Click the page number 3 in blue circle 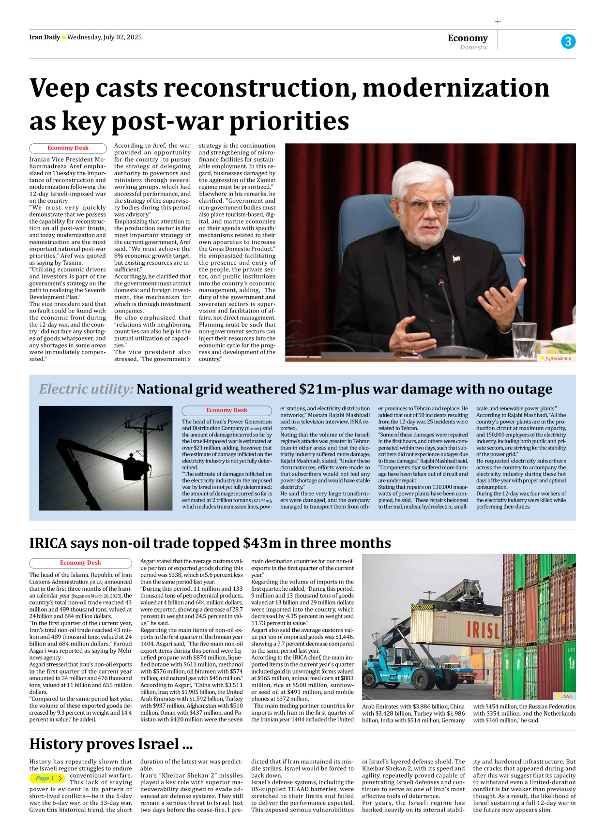[x=568, y=42]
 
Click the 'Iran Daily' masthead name [x=45, y=37]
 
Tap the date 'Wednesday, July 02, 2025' [x=105, y=37]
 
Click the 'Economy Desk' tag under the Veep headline [x=68, y=148]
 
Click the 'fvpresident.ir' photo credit [x=558, y=358]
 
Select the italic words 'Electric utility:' [x=86, y=389]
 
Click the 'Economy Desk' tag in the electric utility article [x=227, y=410]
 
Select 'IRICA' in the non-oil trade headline [x=48, y=543]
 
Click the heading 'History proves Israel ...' [x=111, y=744]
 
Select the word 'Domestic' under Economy [x=474, y=47]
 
